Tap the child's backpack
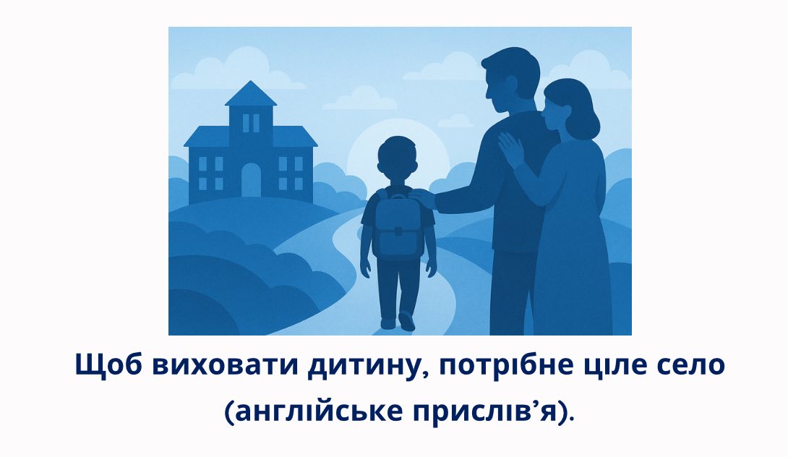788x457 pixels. coord(398,225)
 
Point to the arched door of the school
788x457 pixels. coord(252,180)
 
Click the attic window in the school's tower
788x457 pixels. coord(251,123)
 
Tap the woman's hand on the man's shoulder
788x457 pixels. coord(512,149)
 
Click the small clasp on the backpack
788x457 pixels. coord(398,231)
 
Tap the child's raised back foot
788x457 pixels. coord(406,321)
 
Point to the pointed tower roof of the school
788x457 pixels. coord(251,93)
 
